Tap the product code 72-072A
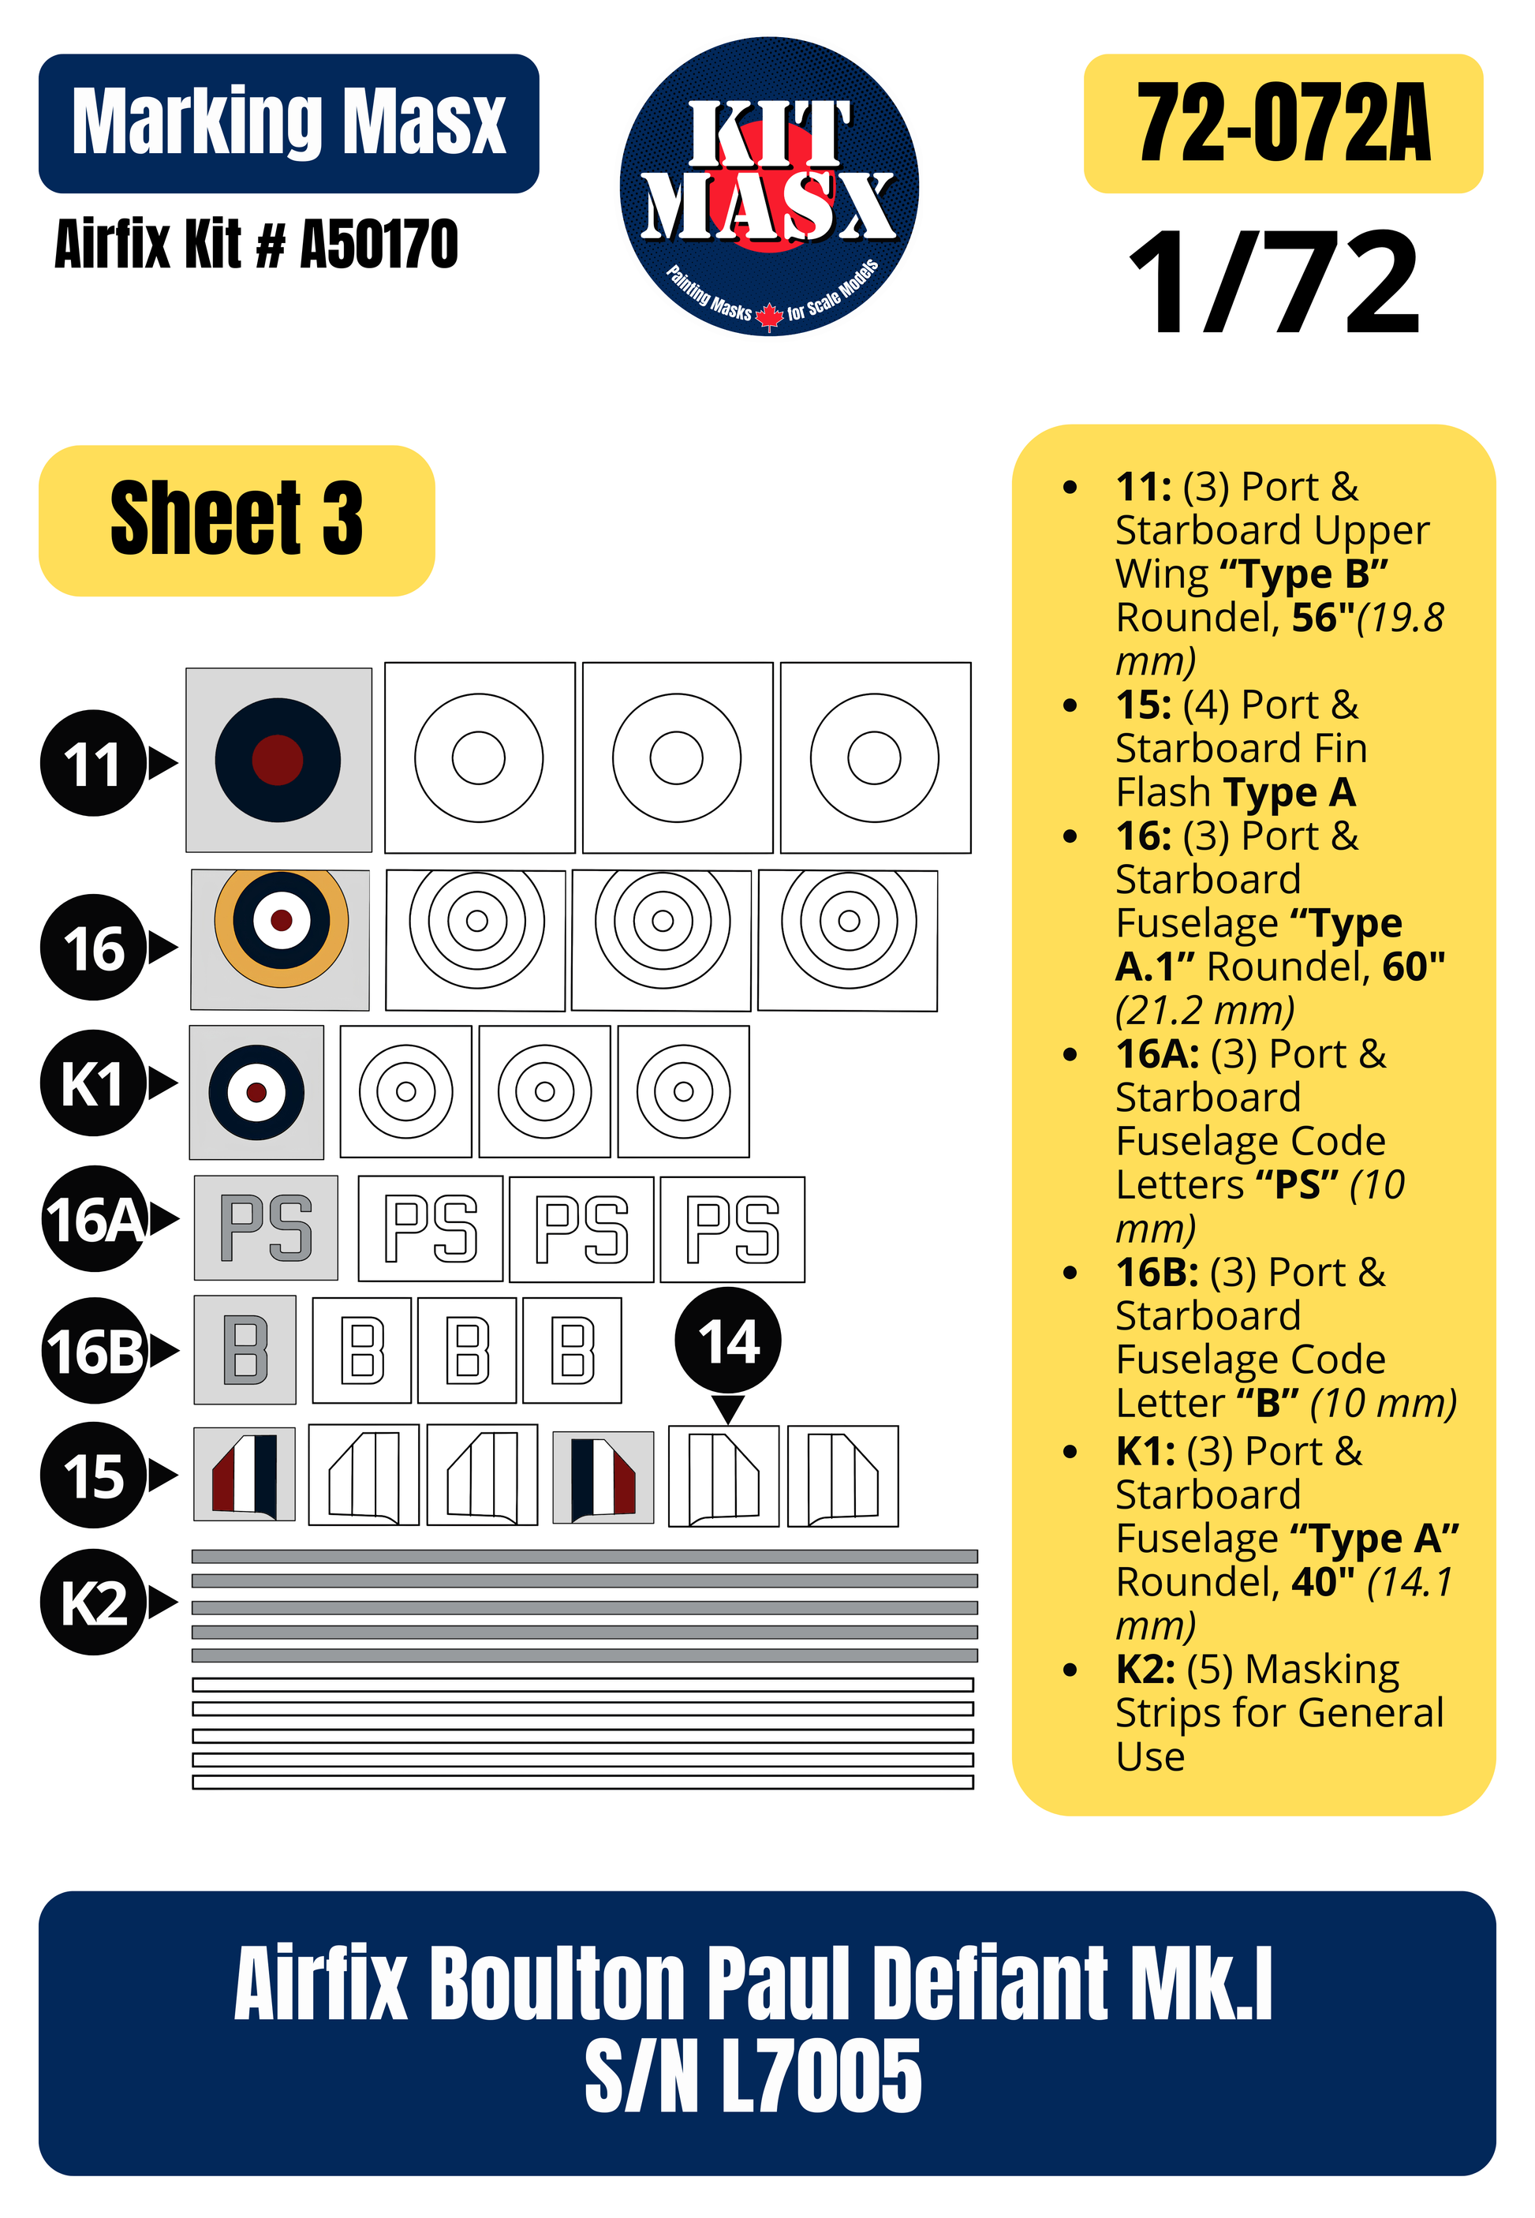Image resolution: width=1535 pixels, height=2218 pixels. tap(1283, 123)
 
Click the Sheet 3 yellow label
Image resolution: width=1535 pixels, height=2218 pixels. tap(237, 520)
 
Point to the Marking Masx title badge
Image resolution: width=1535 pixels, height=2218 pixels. tap(289, 123)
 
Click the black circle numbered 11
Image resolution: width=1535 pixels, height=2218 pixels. tap(93, 763)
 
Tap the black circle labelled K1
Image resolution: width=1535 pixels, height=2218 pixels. tap(93, 1083)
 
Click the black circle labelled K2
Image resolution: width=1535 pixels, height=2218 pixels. tap(93, 1602)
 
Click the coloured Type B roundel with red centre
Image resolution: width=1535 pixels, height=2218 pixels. tap(278, 760)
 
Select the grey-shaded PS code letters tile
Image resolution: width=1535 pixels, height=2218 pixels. tap(267, 1227)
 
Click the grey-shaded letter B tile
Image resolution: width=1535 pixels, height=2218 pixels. tap(245, 1349)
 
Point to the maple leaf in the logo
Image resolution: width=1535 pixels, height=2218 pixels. tap(769, 316)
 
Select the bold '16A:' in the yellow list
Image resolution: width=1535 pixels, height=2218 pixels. tap(1157, 1054)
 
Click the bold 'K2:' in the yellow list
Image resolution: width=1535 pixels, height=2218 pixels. tap(1145, 1669)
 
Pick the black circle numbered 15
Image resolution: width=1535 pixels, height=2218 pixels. tap(93, 1475)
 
